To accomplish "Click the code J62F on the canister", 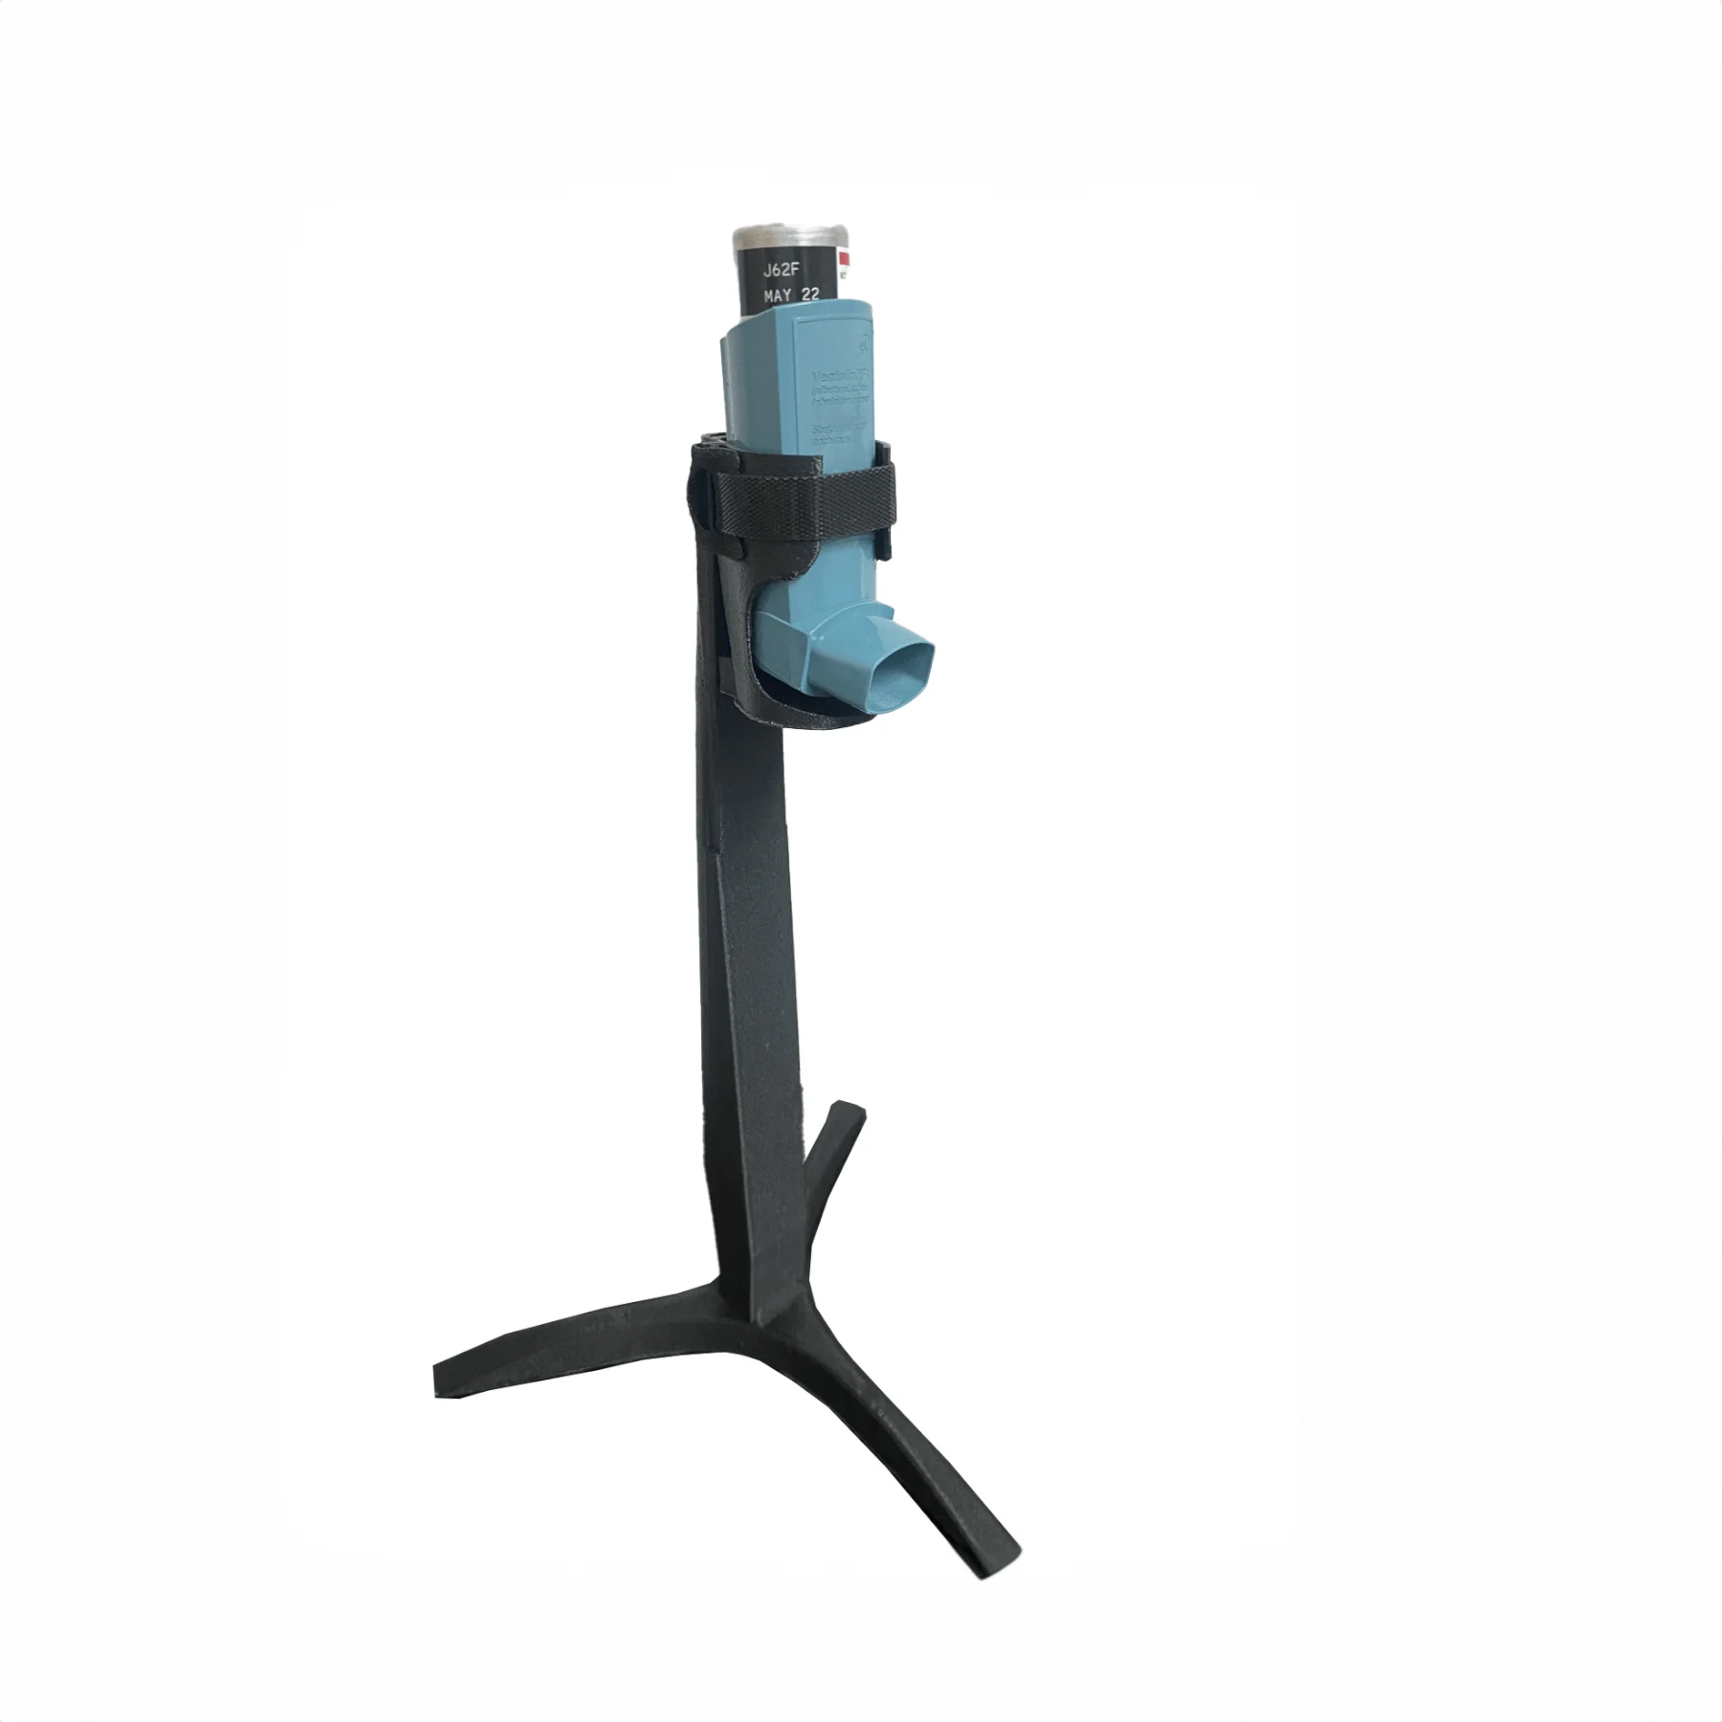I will [782, 271].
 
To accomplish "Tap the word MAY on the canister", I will [777, 297].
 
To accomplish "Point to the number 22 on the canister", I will [809, 296].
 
